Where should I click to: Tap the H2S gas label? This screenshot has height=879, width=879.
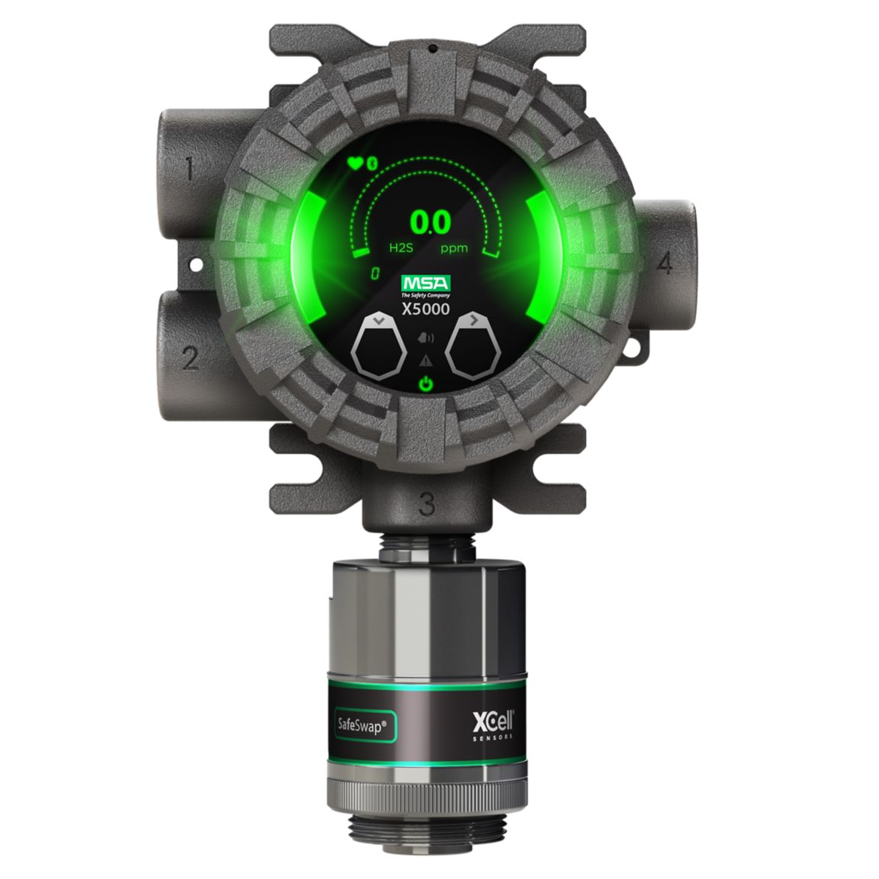379,248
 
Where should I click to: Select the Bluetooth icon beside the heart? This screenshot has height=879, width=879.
371,163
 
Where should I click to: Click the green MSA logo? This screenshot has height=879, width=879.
426,285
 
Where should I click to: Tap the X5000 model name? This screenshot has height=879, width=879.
426,309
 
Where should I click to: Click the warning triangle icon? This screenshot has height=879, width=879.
427,359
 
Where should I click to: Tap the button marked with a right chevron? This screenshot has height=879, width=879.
474,348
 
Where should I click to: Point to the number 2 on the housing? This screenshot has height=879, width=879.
190,357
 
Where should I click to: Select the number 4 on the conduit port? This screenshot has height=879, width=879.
665,263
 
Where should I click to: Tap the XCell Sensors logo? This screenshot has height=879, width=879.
492,721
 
